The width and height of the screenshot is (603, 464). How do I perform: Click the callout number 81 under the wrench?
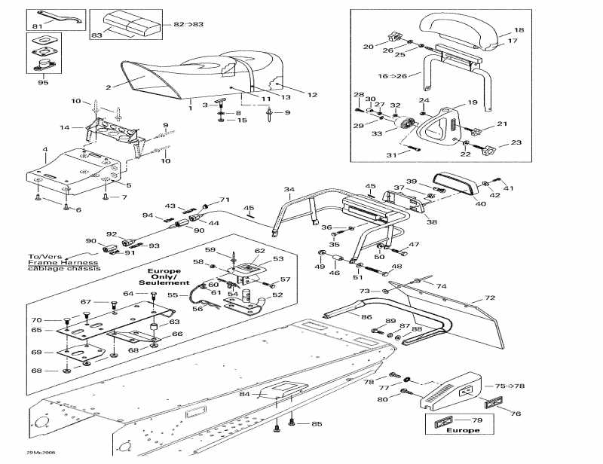click(38, 28)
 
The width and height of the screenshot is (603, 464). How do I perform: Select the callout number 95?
click(43, 82)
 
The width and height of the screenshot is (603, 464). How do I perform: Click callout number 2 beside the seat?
click(108, 87)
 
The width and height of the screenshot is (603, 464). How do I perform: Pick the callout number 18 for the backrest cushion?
click(519, 30)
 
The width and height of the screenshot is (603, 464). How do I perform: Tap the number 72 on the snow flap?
click(489, 299)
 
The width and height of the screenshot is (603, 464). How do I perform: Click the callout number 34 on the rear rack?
click(289, 188)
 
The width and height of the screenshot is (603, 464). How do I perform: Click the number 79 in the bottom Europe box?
click(476, 420)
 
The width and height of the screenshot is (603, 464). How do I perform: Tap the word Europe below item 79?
click(462, 431)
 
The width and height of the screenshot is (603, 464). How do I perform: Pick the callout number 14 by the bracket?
click(66, 127)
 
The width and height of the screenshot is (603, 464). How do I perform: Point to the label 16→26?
click(392, 76)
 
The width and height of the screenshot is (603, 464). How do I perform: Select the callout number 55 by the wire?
click(172, 295)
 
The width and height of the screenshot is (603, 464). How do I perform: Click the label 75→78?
click(509, 386)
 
